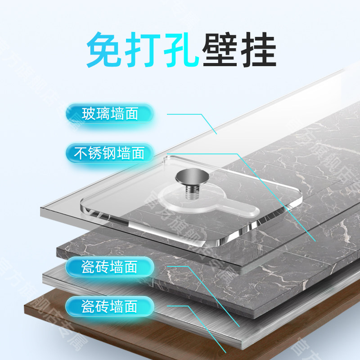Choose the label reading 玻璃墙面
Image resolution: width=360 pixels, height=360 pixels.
point(109,113)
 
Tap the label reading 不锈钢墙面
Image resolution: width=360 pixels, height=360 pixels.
point(109,153)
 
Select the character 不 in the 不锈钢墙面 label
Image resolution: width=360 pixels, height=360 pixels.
point(80,154)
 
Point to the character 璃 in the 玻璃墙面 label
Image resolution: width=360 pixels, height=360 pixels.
point(103,114)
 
